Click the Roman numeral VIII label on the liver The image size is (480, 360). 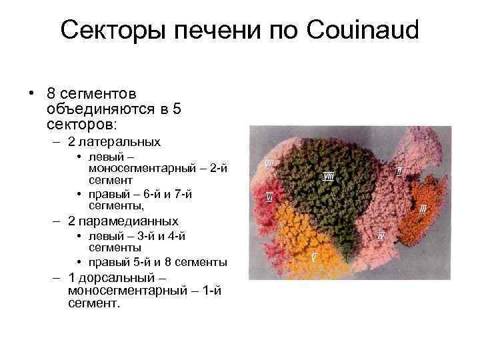(x=329, y=176)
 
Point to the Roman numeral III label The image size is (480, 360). (x=423, y=209)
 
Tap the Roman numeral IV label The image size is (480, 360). (x=381, y=235)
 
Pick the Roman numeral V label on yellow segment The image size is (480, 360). (x=314, y=256)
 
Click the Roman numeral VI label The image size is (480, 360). (x=269, y=197)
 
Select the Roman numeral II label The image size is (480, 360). (x=399, y=171)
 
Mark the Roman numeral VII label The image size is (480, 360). (x=271, y=163)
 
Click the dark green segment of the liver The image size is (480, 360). (x=327, y=200)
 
